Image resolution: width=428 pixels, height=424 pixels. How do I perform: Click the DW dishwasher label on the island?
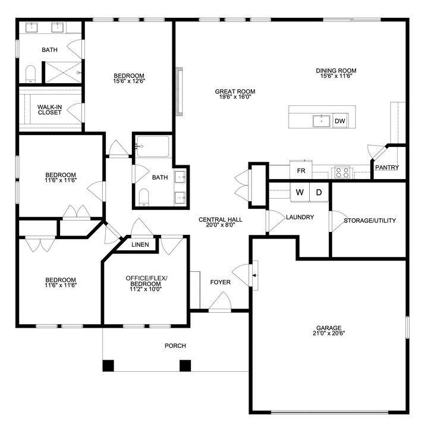340,121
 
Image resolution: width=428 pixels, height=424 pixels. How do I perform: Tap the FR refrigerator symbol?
301,170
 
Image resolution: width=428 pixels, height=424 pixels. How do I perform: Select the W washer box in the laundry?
300,193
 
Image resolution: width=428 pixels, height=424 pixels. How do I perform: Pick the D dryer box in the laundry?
319,193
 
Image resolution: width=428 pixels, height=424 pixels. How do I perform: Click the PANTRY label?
387,168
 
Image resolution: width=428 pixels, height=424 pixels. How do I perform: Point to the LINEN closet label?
140,244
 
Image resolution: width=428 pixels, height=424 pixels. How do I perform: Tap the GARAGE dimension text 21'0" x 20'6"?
329,333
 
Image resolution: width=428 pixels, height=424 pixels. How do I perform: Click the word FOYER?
220,282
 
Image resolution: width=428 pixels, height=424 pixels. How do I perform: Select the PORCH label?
175,346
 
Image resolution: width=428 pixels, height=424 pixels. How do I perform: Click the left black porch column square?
108,365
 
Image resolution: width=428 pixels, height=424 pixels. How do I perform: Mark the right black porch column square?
185,365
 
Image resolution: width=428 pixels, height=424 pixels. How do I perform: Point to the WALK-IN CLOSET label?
49,109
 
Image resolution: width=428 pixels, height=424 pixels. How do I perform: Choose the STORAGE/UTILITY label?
370,221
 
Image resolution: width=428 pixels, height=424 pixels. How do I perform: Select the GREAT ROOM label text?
235,92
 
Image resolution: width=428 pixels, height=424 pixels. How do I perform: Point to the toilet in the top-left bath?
32,74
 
